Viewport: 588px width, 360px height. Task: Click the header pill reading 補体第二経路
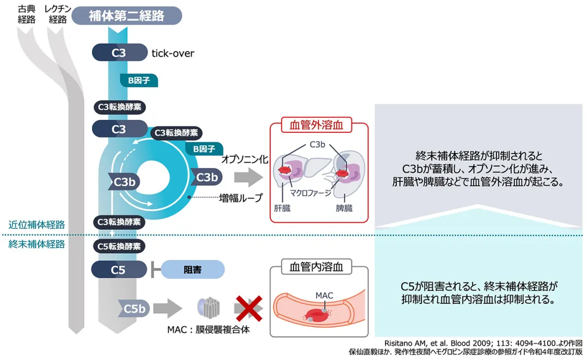[x=127, y=15]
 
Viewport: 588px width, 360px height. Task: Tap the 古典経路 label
[x=26, y=14]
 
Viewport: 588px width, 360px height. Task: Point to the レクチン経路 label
[x=58, y=14]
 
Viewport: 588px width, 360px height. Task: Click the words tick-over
[x=173, y=53]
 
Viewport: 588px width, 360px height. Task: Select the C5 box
[x=119, y=269]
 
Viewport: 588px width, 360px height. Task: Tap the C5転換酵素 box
[x=119, y=246]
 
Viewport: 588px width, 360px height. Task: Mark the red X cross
[x=248, y=308]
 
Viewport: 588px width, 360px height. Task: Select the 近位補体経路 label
[x=37, y=224]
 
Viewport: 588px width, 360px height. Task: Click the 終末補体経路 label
[x=37, y=244]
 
